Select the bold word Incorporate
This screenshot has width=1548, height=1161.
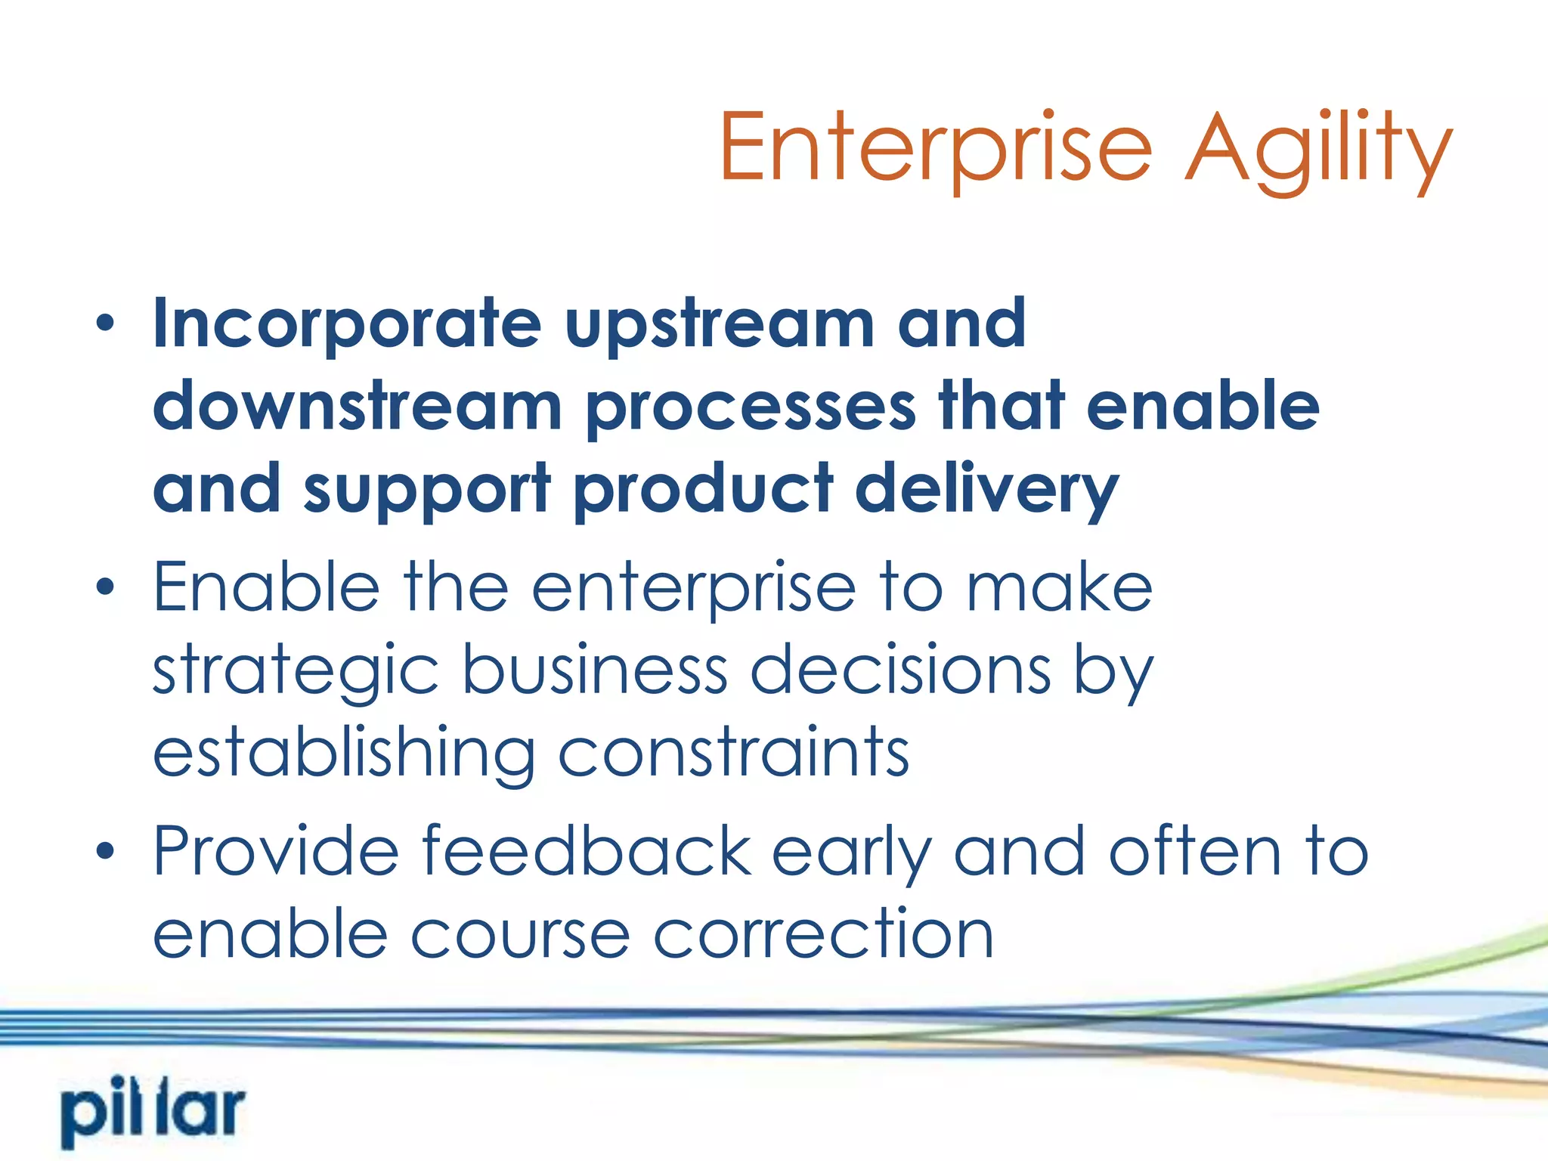pos(347,324)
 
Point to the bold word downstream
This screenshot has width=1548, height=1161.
pos(357,406)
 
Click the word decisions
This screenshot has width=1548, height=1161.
pos(899,670)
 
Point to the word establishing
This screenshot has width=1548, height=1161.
pos(344,754)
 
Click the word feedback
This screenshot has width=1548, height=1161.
pos(587,851)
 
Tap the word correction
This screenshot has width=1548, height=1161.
pos(823,935)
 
